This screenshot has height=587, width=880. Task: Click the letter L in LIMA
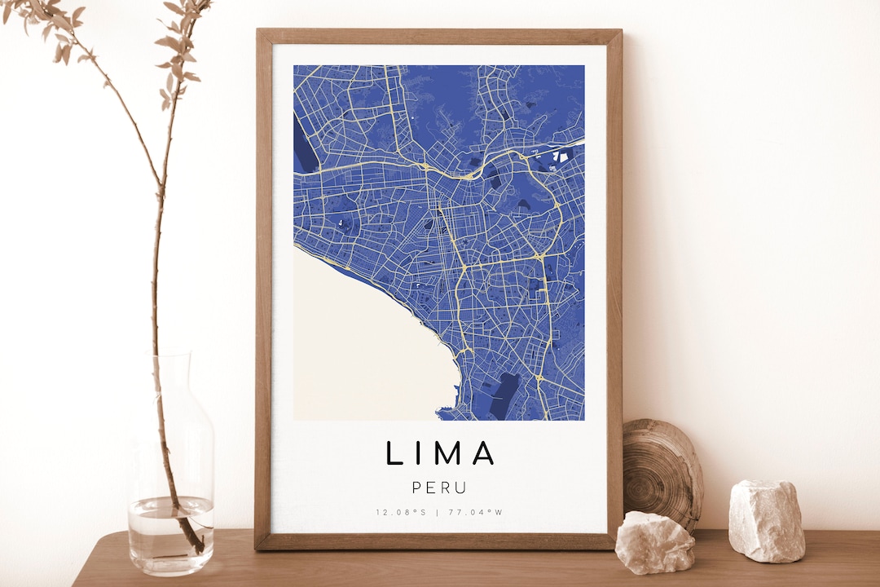tap(394, 453)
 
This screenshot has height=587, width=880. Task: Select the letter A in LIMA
tap(483, 453)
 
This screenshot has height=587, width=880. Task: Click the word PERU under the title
tap(439, 488)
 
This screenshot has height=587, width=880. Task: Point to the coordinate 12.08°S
tap(401, 512)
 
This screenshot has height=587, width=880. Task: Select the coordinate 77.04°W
tap(477, 512)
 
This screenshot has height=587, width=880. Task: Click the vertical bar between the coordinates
tap(438, 512)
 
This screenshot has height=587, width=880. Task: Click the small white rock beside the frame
tap(654, 542)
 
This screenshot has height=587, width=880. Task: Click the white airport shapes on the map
tap(561, 154)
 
